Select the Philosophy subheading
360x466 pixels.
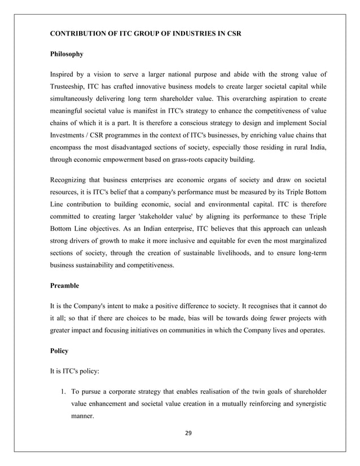[67, 54]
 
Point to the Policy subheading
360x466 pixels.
[59, 350]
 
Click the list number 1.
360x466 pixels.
[63, 391]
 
